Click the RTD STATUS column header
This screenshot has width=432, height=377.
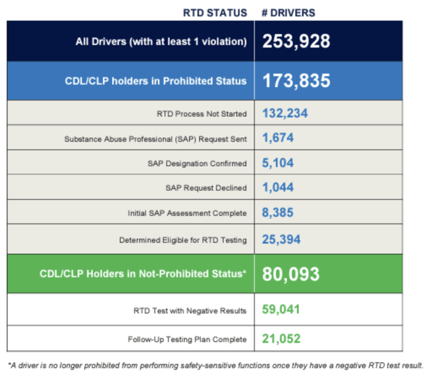click(x=215, y=12)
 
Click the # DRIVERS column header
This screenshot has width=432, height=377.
click(x=288, y=12)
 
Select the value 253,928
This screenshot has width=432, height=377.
click(x=296, y=41)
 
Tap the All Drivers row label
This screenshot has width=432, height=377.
click(x=161, y=41)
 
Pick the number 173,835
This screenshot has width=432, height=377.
click(x=296, y=81)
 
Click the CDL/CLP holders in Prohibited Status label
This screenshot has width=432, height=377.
click(x=156, y=81)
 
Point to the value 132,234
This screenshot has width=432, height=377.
click(x=285, y=113)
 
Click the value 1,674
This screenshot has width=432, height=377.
click(x=278, y=138)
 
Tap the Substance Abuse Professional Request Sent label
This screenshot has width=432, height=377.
click(x=156, y=139)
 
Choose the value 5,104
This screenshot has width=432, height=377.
click(x=278, y=163)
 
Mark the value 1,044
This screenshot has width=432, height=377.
click(x=278, y=188)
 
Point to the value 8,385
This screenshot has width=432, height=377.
click(x=278, y=213)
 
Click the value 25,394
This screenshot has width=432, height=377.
click(x=282, y=239)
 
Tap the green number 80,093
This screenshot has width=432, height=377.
click(x=291, y=274)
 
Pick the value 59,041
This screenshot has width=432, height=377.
click(x=282, y=309)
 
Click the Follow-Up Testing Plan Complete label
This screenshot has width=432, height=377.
click(x=187, y=339)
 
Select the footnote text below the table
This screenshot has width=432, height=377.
click(x=215, y=365)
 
